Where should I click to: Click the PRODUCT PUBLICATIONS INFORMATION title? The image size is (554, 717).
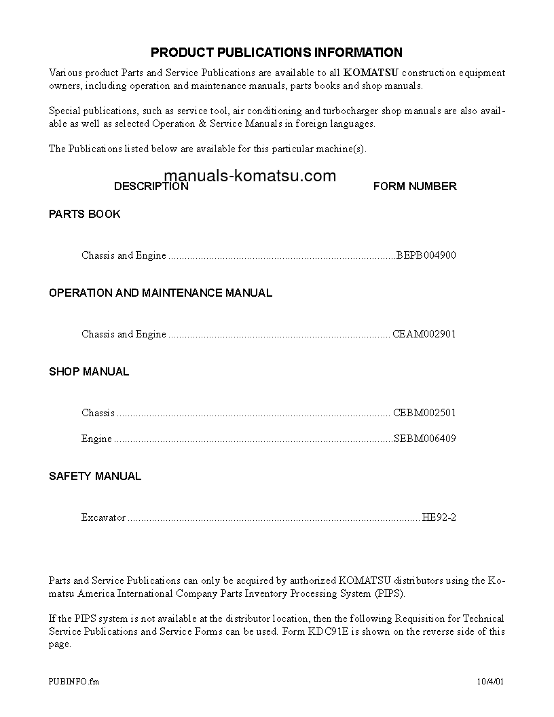click(276, 52)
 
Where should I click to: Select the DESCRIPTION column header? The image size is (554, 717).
click(151, 186)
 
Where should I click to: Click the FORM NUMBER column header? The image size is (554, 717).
click(415, 186)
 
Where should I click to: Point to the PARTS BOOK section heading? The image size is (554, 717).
click(84, 214)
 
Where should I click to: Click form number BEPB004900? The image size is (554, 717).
click(426, 256)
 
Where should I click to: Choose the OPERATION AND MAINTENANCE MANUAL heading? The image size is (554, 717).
click(160, 293)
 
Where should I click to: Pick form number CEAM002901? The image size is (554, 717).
click(424, 335)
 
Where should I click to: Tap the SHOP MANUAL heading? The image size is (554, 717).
click(88, 371)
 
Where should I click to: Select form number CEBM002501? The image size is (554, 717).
click(424, 413)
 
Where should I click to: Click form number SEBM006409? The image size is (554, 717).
click(425, 439)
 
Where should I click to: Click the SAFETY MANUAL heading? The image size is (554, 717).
click(95, 476)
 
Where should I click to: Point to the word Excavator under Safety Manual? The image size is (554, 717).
click(103, 517)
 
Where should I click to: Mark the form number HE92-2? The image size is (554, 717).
click(439, 517)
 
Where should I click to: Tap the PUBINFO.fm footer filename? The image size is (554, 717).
click(74, 681)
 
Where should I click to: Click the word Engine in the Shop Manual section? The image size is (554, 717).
click(96, 439)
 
